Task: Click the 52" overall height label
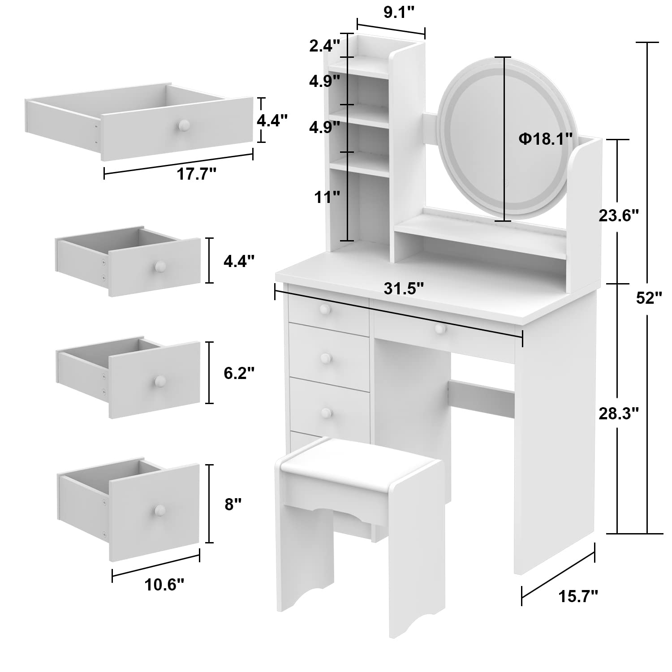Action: [x=649, y=298]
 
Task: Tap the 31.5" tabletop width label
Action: [x=404, y=289]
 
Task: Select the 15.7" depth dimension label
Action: [x=578, y=596]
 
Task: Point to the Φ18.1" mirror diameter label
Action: [x=545, y=139]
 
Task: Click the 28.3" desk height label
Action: [x=619, y=414]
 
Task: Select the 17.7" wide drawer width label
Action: [x=197, y=174]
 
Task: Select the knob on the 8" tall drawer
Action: [x=159, y=510]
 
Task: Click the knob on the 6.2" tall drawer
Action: [x=159, y=381]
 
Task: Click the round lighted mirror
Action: [x=502, y=139]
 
